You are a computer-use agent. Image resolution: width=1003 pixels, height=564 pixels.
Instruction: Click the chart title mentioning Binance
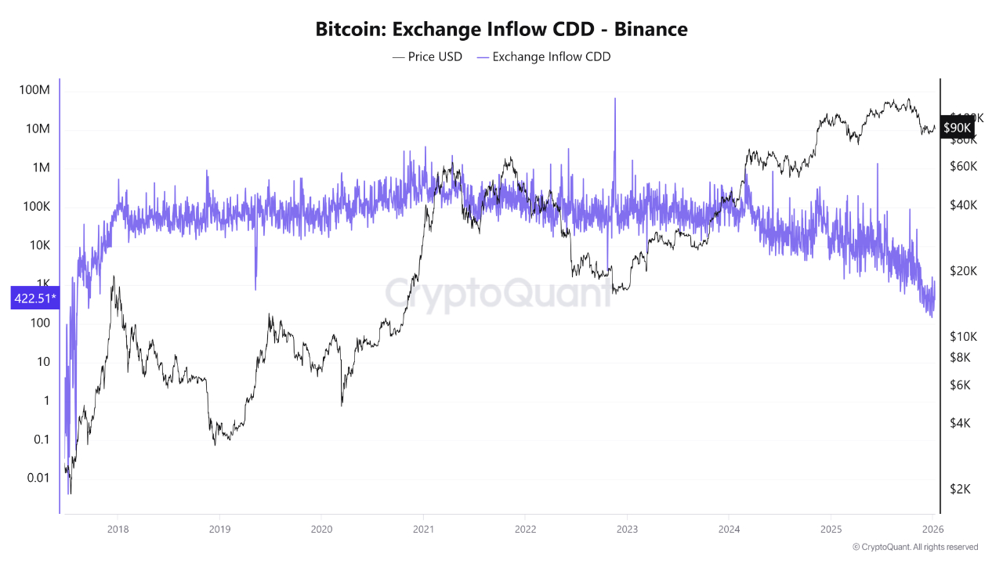point(501,30)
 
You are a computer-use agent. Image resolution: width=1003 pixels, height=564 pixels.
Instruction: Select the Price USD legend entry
point(427,56)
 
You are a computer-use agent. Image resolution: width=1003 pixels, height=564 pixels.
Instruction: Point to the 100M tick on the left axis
point(34,91)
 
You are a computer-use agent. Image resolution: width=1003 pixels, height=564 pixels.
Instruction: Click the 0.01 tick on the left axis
point(36,478)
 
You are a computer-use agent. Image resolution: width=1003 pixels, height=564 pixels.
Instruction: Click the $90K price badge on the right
point(957,128)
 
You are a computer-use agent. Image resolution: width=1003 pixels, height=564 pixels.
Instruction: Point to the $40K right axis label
point(962,205)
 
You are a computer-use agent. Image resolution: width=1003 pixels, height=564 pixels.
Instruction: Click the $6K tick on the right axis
point(962,385)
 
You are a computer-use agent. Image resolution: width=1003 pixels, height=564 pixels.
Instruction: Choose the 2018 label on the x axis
point(118,529)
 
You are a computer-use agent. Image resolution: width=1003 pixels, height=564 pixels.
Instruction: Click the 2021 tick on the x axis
point(423,529)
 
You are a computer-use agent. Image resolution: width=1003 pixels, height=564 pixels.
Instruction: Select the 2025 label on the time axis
point(831,529)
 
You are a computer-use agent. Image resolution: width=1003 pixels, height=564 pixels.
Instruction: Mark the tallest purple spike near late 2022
point(615,100)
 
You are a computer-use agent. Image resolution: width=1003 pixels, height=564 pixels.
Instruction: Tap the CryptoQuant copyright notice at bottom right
point(914,547)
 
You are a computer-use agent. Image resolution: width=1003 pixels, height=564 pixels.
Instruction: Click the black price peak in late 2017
point(114,277)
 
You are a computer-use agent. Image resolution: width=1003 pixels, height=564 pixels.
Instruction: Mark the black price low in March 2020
point(342,404)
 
